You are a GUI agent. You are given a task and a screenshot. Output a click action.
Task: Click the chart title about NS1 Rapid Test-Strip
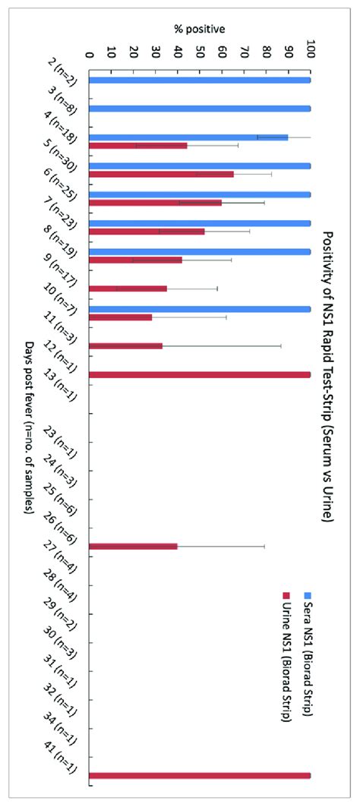328,378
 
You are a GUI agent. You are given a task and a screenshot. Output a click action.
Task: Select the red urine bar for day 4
138,145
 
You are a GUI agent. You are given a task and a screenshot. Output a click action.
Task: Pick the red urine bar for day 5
161,174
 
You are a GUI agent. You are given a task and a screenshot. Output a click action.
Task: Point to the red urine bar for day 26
134,546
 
